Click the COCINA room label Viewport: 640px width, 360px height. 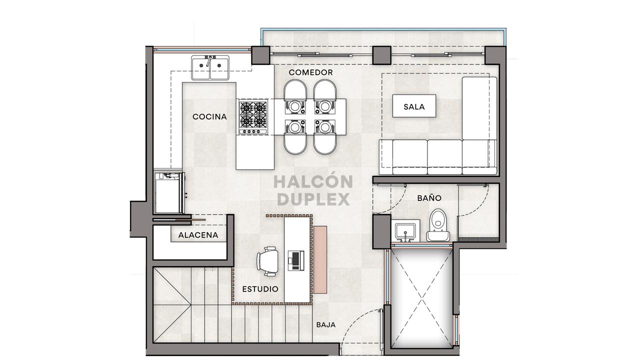[x=209, y=117]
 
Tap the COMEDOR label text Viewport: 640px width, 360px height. [x=310, y=72]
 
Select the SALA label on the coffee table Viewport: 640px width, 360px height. [x=413, y=106]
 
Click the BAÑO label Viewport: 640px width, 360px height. [x=429, y=198]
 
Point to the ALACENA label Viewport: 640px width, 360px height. [x=198, y=235]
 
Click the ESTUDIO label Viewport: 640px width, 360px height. [x=260, y=289]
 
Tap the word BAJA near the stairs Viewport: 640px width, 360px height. [x=325, y=324]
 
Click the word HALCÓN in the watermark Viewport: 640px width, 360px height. [x=313, y=181]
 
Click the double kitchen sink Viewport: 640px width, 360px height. [x=210, y=67]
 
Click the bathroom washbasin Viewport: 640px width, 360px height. [x=404, y=231]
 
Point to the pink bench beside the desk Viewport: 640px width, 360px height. [x=320, y=259]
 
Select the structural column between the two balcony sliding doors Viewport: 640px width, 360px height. [x=381, y=55]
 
